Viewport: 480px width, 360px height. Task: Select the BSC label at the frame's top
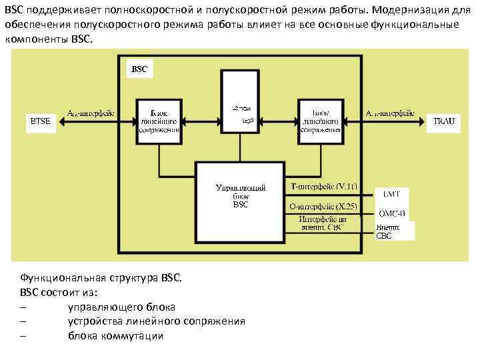pyautogui.click(x=139, y=69)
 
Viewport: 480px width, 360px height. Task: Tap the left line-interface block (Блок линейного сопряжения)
pyautogui.click(x=159, y=120)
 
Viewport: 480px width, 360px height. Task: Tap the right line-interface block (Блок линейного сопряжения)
pyautogui.click(x=320, y=120)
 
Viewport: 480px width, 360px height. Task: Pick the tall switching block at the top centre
pyautogui.click(x=239, y=103)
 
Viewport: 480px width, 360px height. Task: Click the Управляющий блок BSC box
pyautogui.click(x=240, y=200)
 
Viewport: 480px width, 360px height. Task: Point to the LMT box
pyautogui.click(x=390, y=194)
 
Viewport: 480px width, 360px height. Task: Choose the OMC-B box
pyautogui.click(x=391, y=213)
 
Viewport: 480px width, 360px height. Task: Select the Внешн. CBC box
pyautogui.click(x=393, y=231)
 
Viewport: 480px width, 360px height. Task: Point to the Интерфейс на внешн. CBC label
pyautogui.click(x=323, y=223)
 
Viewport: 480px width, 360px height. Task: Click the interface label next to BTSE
pyautogui.click(x=91, y=113)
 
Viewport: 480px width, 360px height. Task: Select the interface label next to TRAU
pyautogui.click(x=391, y=113)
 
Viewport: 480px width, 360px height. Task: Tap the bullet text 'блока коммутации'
pyautogui.click(x=115, y=335)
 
